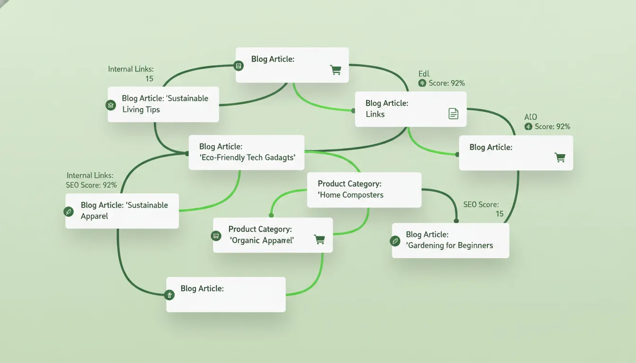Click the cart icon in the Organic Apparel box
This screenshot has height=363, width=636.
[320, 240]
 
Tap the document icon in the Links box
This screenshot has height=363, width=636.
[453, 114]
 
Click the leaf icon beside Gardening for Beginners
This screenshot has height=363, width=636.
[395, 242]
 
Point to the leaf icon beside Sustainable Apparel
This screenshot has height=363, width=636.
[69, 212]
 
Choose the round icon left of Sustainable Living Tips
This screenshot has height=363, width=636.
[111, 105]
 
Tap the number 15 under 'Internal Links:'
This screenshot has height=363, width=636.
[150, 79]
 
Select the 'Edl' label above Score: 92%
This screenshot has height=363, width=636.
[424, 74]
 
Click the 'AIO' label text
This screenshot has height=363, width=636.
[530, 117]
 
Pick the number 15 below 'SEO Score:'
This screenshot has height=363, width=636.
[499, 214]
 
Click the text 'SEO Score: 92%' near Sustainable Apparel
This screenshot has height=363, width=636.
[91, 185]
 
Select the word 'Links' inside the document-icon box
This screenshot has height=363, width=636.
[375, 114]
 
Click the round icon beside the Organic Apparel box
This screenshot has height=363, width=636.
[216, 236]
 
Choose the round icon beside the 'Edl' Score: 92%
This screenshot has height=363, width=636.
[422, 83]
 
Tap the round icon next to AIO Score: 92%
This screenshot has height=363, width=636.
[528, 127]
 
